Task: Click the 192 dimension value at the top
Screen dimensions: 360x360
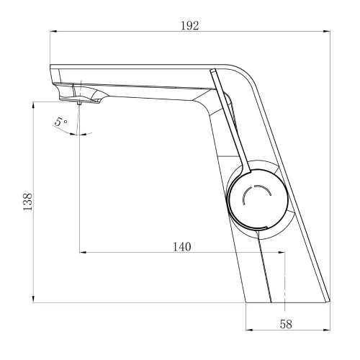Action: tap(189, 26)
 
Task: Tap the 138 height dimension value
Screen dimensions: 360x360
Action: tap(27, 202)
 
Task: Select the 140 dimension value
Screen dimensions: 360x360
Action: tap(182, 247)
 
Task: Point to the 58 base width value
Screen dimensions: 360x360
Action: tap(286, 324)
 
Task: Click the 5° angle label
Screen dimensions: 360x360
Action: tap(60, 122)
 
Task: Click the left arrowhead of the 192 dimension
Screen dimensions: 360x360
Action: tap(53, 31)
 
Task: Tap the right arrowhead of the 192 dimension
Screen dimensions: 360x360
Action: tap(327, 31)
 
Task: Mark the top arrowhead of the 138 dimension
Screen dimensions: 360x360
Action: tap(33, 105)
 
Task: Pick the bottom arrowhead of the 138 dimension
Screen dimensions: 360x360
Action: tap(33, 299)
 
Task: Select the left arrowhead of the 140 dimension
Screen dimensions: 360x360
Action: tap(83, 252)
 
